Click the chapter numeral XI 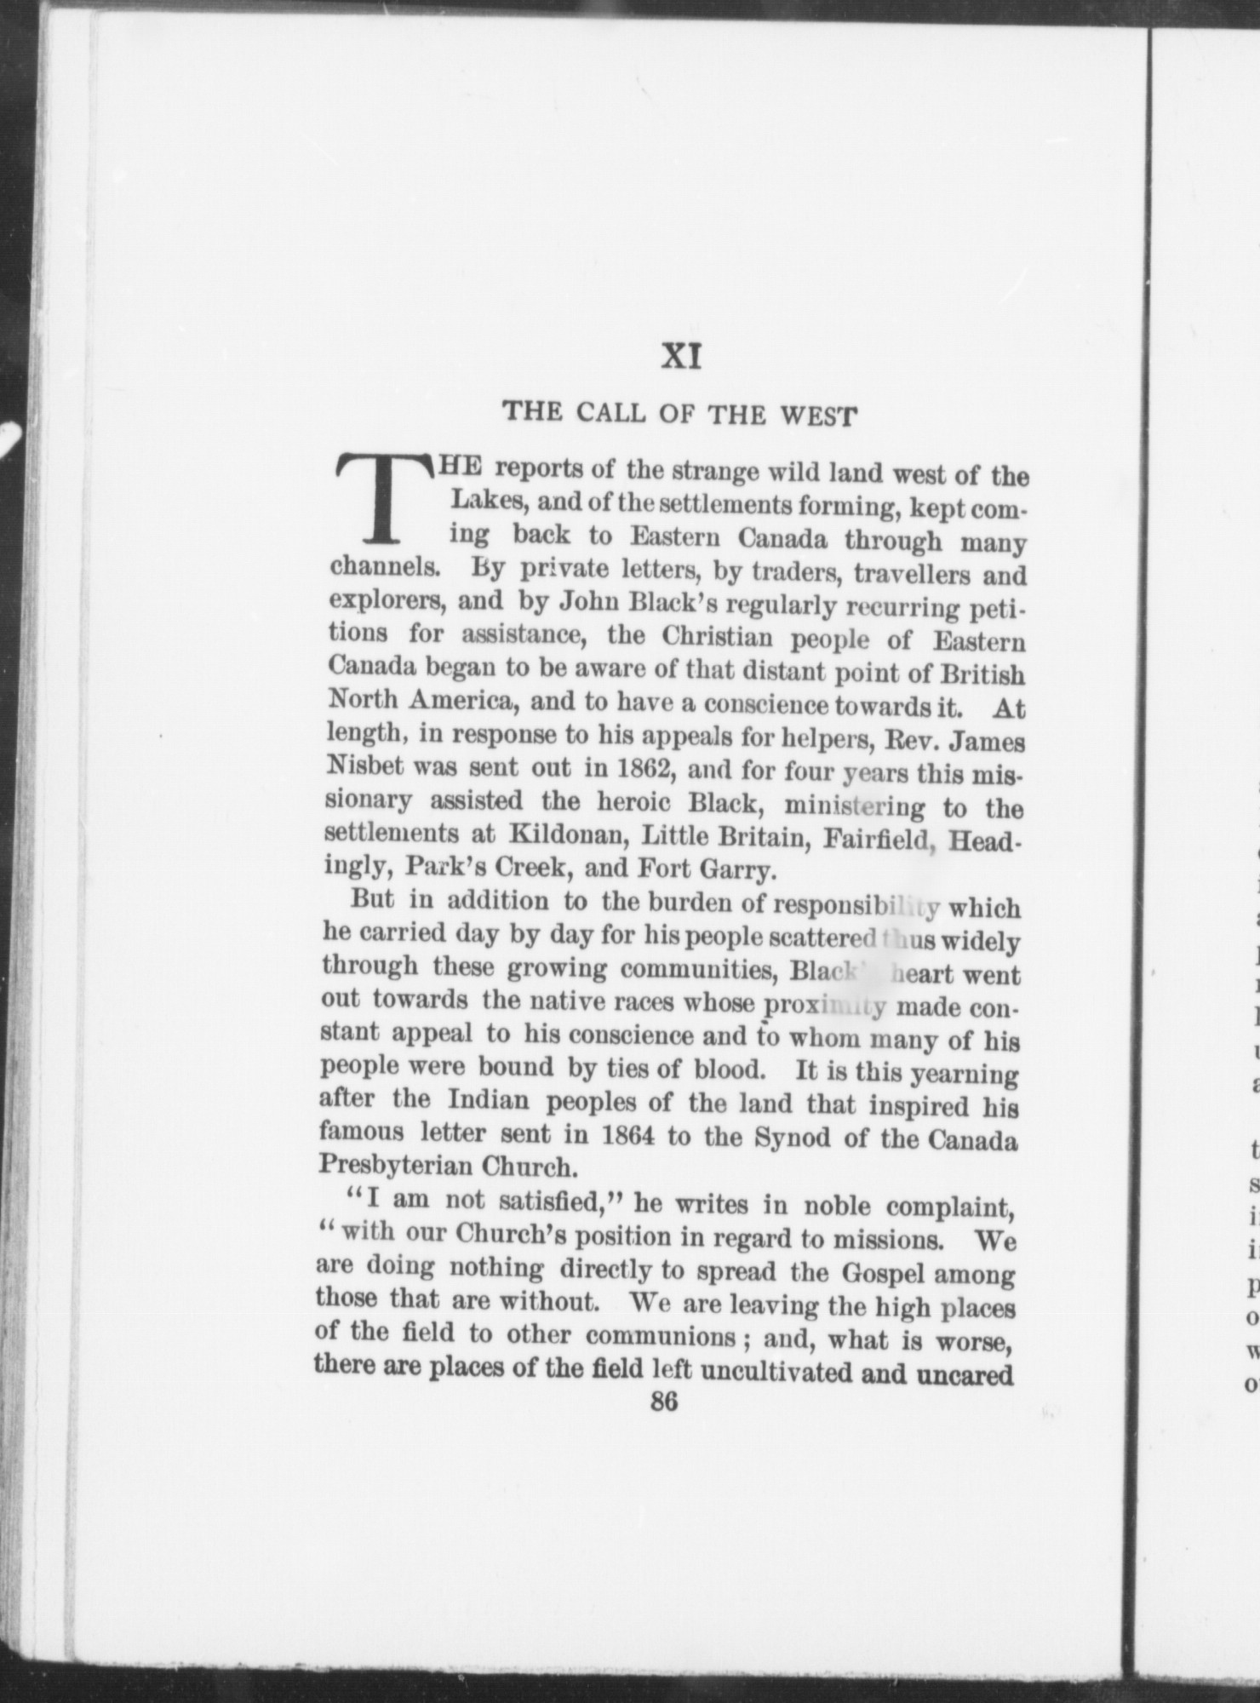[x=681, y=358]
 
